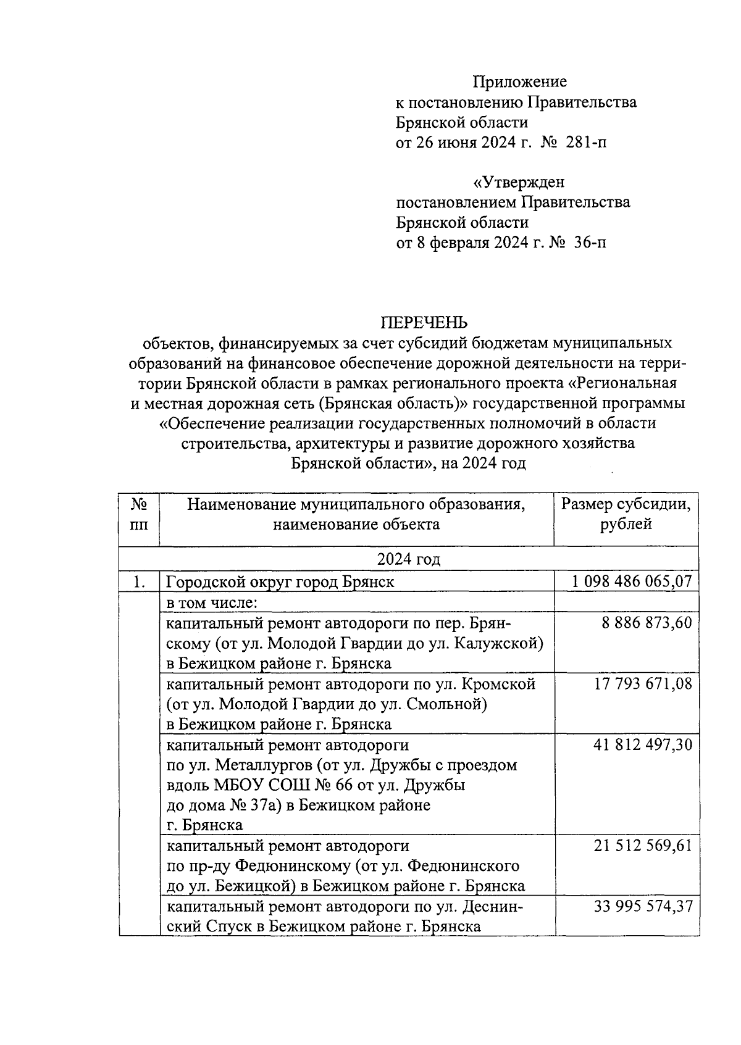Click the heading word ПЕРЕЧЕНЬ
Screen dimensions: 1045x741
coord(424,323)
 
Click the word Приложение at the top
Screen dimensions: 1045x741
coord(519,82)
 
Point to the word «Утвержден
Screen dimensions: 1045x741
coord(519,183)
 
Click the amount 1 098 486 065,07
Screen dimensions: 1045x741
coord(632,581)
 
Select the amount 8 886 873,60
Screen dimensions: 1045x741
coord(647,623)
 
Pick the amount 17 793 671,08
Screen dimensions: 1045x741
coord(643,684)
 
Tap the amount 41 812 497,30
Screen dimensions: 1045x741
coord(643,744)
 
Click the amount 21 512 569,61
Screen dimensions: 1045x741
coord(643,846)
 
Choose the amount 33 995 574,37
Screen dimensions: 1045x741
coord(643,906)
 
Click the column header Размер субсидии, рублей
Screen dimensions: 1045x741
coord(626,514)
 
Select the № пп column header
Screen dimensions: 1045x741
coord(140,514)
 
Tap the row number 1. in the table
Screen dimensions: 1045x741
coord(140,581)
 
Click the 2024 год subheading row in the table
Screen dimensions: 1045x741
coord(409,559)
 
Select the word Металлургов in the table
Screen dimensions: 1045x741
coord(261,765)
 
